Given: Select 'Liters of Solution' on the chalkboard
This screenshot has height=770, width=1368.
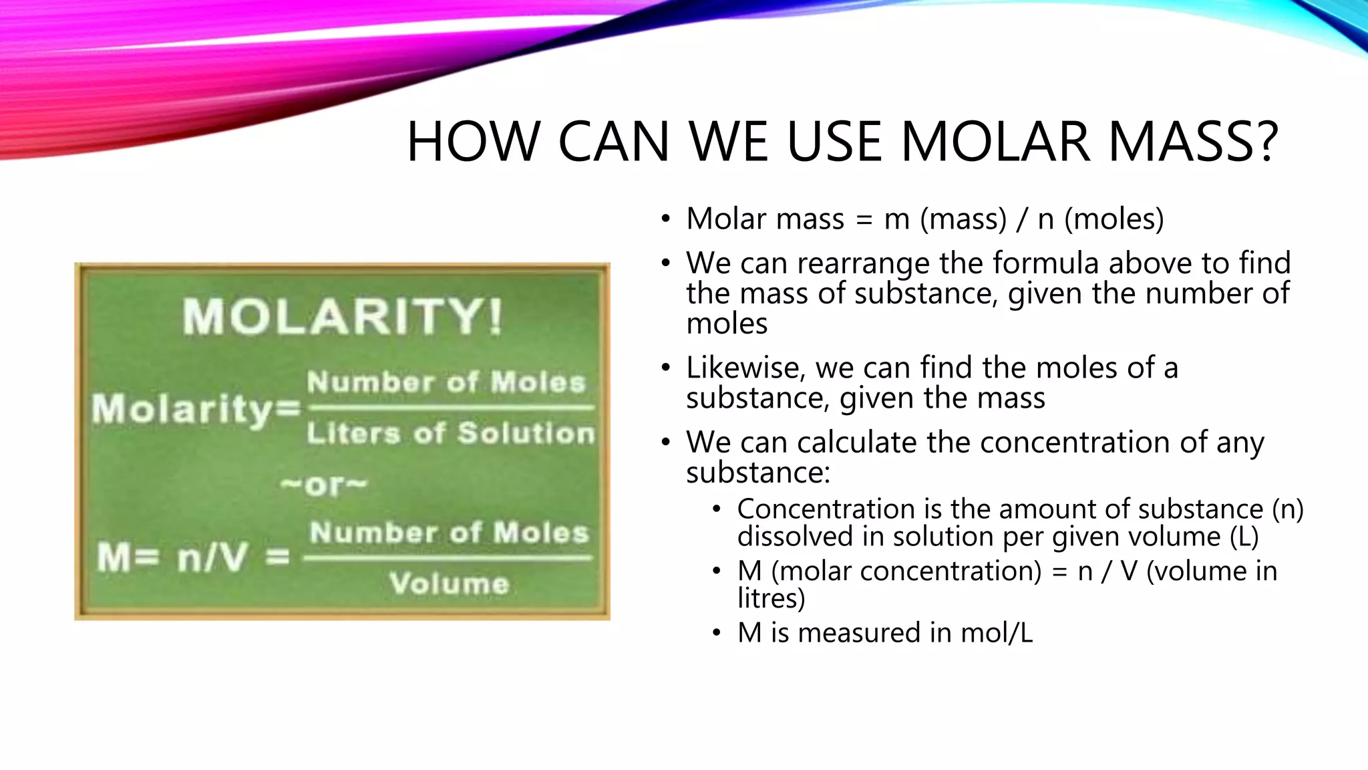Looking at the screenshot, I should pyautogui.click(x=450, y=433).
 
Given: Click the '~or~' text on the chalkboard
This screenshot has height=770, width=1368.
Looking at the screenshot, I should pyautogui.click(x=325, y=485).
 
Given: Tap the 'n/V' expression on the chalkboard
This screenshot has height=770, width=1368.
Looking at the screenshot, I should pyautogui.click(x=212, y=557).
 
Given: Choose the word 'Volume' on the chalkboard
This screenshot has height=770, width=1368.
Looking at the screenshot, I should pyautogui.click(x=450, y=584).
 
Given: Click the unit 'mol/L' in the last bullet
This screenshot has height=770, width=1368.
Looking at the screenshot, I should pyautogui.click(x=997, y=632).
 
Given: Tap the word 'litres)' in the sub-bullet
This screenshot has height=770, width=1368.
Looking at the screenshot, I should pyautogui.click(x=771, y=598).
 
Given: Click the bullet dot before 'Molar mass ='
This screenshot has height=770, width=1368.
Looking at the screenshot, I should pyautogui.click(x=665, y=219).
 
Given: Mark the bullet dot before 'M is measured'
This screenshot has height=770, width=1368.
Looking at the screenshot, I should pyautogui.click(x=716, y=633).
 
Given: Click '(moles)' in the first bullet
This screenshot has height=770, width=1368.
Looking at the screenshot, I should pyautogui.click(x=1114, y=219).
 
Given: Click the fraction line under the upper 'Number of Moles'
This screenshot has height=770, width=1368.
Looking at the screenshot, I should pyautogui.click(x=452, y=407).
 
